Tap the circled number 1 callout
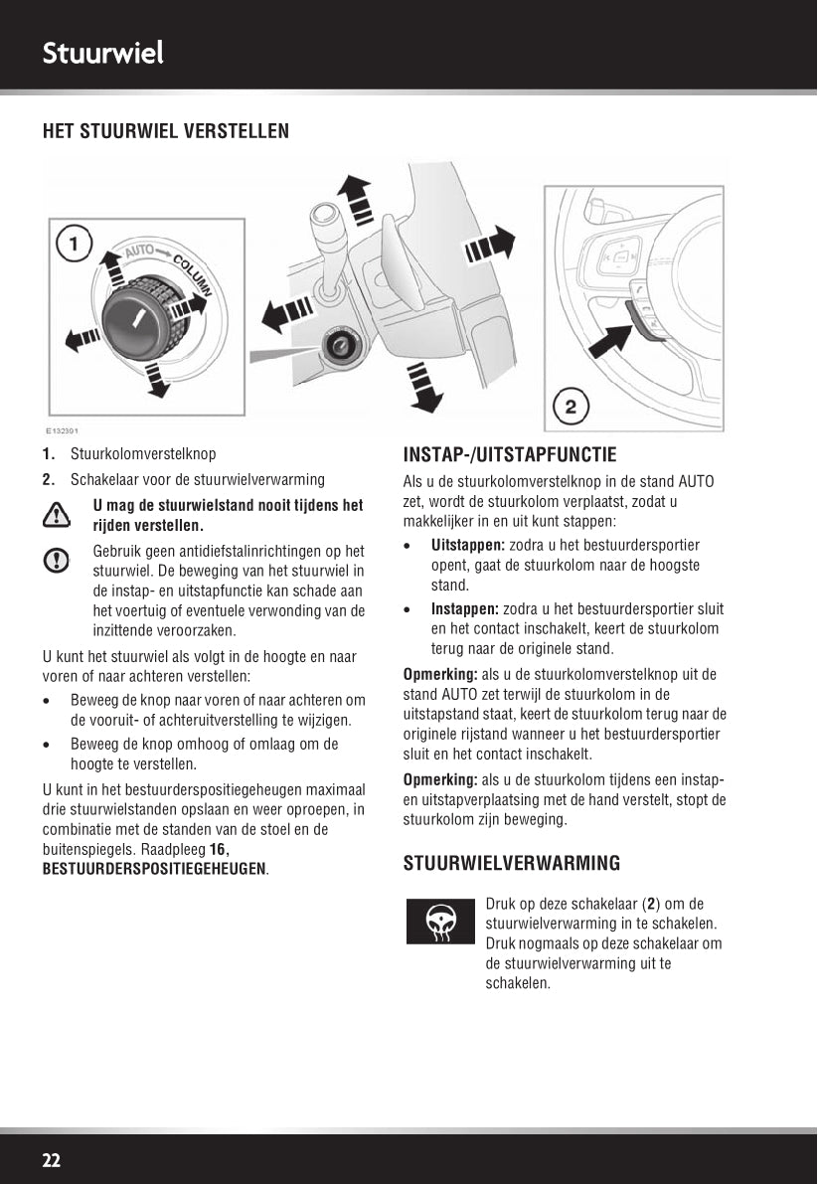(75, 243)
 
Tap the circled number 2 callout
(570, 406)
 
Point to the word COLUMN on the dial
(193, 275)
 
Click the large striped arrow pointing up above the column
(352, 198)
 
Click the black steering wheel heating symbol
(439, 922)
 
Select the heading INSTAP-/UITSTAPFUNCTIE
(510, 455)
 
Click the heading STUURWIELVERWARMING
(511, 863)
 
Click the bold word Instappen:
(465, 609)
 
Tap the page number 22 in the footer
(52, 1160)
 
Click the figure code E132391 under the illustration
(62, 431)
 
